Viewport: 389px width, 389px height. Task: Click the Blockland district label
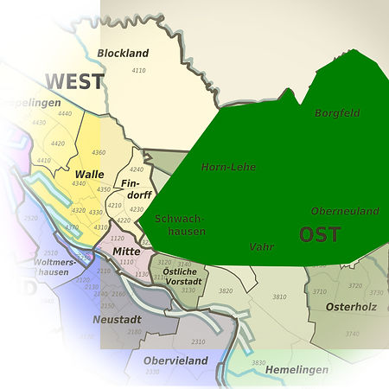point(123,54)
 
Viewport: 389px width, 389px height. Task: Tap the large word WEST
point(74,82)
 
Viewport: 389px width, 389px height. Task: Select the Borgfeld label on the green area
point(337,113)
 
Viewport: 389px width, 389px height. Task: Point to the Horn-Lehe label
point(228,167)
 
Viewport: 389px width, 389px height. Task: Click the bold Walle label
point(90,174)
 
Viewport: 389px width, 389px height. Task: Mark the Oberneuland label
point(345,211)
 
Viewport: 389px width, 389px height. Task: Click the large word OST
point(319,234)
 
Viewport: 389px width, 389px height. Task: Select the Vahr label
point(261,247)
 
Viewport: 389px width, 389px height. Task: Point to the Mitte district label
point(126,251)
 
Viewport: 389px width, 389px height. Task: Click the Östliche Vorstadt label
point(182,277)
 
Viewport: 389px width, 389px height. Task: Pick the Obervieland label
point(175,360)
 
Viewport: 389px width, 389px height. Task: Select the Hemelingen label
point(297,370)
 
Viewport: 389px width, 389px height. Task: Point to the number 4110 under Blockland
point(138,69)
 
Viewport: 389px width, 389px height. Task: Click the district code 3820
point(226,291)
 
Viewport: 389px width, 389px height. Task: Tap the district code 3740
point(352,334)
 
